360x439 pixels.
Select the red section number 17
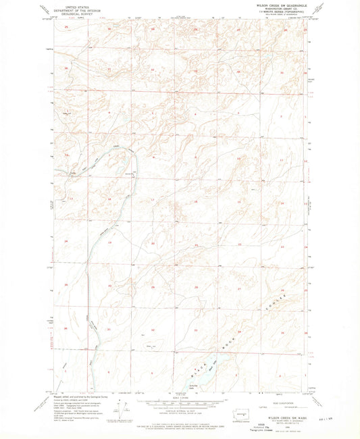(x=153, y=201)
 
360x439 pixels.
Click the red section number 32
(x=153, y=329)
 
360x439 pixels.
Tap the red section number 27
(x=238, y=288)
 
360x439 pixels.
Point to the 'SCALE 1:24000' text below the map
(x=180, y=397)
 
